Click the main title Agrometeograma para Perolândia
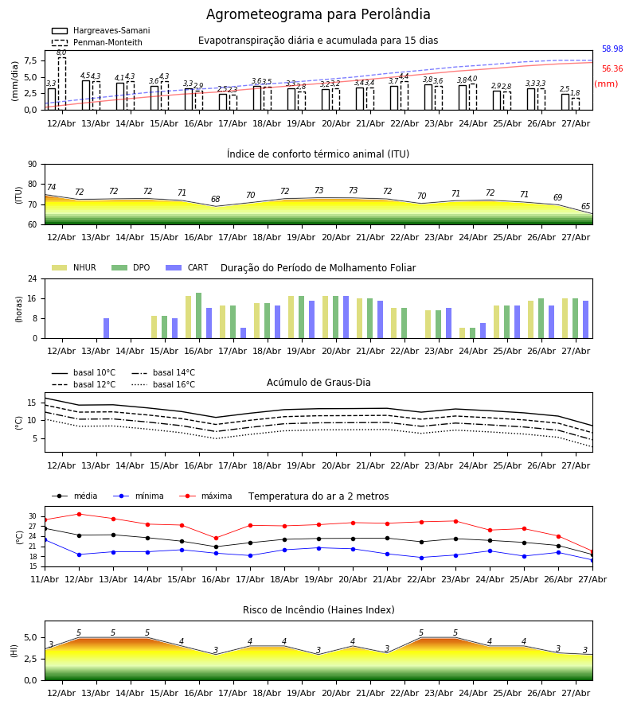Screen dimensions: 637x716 pos(318,14)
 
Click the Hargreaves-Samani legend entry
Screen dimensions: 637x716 pos(101,30)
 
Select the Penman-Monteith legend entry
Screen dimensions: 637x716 pos(97,42)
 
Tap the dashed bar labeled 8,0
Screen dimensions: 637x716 pos(61,84)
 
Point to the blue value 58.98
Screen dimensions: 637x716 pos(612,49)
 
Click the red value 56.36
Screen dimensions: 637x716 pos(612,69)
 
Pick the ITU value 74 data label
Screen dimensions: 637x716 pos(51,187)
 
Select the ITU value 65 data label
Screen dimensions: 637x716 pos(585,206)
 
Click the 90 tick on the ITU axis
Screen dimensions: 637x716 pos(33,165)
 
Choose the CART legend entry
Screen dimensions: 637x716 pos(187,267)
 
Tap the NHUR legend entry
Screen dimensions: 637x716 pos(74,267)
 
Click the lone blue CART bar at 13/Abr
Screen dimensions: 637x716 pos(106,329)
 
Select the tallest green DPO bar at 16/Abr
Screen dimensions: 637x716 pos(199,316)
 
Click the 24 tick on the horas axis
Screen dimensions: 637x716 pos(33,278)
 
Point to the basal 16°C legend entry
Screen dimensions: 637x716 pos(163,384)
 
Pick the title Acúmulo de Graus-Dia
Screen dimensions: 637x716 pos(318,383)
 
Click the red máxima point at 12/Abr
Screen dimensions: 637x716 pos(79,514)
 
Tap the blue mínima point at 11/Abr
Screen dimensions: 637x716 pos(45,539)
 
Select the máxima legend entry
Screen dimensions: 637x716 pos(205,496)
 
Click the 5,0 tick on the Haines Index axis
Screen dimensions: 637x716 pos(31,637)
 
